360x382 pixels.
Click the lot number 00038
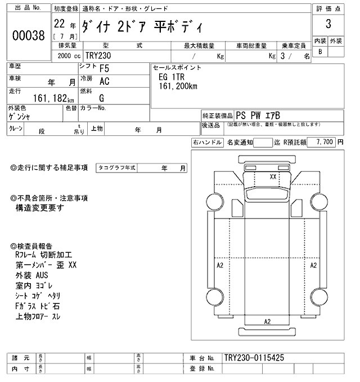pos(28,35)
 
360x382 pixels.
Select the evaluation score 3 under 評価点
pos(328,24)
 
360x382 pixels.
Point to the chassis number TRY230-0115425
pos(257,357)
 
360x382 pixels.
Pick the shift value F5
pos(105,69)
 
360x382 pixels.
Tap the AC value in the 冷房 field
pos(105,81)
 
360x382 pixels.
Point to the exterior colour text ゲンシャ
pos(20,116)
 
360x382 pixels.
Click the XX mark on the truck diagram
pos(273,176)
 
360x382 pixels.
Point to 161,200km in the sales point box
pos(178,87)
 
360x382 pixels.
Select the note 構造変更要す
pos(39,207)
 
